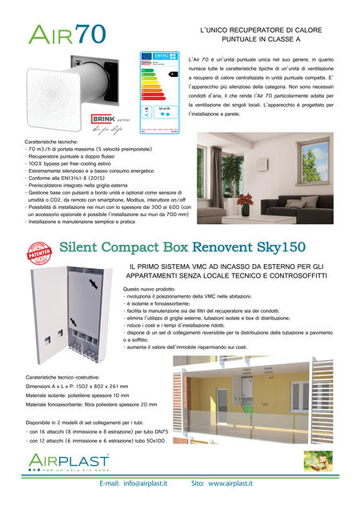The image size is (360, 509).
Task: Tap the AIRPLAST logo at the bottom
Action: pos(57,459)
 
